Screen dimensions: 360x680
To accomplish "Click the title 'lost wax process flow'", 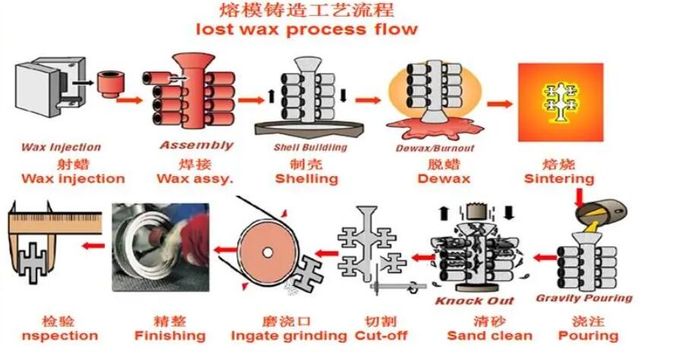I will coord(306,30).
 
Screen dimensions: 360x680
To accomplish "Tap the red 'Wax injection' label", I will coord(72,179).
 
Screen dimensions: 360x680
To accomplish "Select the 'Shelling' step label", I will coord(306,179).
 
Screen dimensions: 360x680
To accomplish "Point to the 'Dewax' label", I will coord(444,179).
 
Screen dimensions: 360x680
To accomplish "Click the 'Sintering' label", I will coord(559,179).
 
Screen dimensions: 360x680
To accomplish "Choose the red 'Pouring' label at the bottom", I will coord(588,336).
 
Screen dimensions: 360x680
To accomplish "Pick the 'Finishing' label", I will coord(169,336).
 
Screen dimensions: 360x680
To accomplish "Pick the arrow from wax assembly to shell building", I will coord(250,99).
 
